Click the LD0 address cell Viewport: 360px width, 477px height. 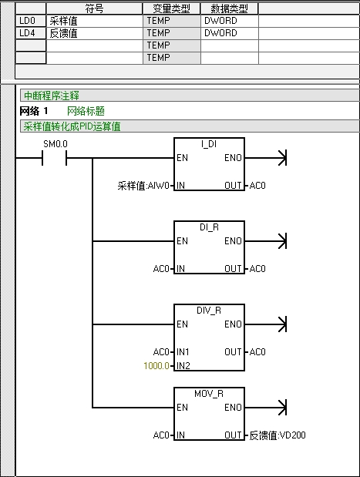31,21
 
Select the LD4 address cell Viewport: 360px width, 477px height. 31,33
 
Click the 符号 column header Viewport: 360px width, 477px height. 94,8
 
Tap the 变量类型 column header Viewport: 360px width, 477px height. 171,8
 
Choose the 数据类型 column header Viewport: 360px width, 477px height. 229,8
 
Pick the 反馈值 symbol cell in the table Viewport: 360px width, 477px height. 94,33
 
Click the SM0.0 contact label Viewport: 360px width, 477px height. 56,144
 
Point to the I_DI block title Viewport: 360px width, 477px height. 209,144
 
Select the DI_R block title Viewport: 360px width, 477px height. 209,227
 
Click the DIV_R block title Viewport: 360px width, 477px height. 209,311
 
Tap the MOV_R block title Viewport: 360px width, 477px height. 209,394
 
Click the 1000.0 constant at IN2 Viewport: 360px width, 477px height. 156,365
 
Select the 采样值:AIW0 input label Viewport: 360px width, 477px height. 143,186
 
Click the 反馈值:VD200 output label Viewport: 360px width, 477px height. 278,435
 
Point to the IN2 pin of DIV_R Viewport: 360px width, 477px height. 183,365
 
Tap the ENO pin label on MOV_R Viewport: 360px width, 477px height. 233,407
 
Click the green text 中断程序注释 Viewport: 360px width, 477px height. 52,96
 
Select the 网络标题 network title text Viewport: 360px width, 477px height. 86,111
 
